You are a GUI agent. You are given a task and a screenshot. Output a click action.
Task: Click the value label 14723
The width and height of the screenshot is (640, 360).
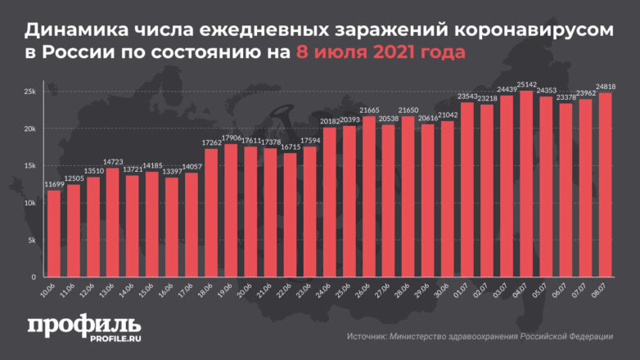pyautogui.click(x=113, y=163)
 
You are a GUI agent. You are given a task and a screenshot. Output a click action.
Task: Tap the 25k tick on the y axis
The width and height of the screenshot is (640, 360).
pyautogui.click(x=29, y=92)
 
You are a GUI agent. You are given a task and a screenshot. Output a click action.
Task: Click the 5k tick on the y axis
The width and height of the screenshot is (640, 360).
pyautogui.click(x=30, y=241)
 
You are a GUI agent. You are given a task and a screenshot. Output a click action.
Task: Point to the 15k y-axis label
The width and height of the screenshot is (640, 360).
pyautogui.click(x=29, y=166)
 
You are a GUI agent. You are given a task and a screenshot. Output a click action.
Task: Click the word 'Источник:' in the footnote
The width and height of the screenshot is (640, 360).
pyautogui.click(x=369, y=336)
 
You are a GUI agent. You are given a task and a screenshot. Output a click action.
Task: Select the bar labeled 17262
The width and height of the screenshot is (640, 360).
pyautogui.click(x=211, y=213)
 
